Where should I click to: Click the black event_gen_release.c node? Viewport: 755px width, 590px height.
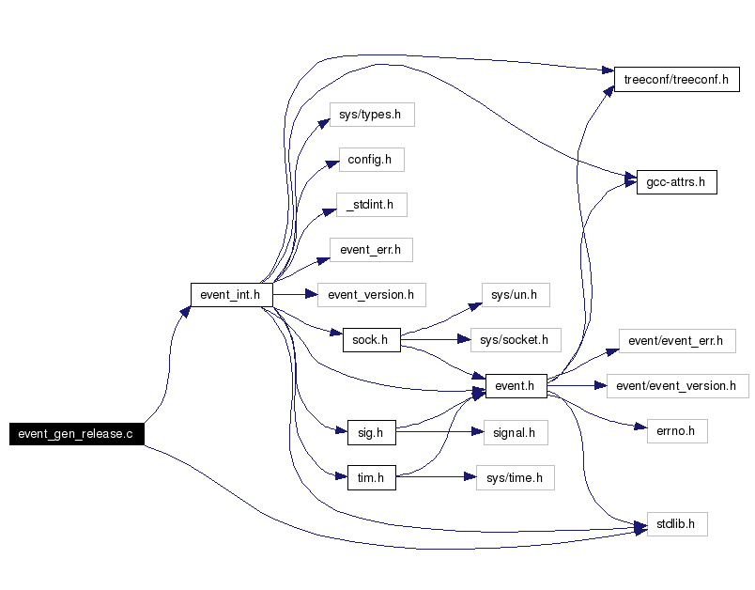coord(77,434)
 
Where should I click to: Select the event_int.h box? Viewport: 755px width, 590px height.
coord(232,295)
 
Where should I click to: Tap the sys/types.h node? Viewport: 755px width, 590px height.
coord(372,115)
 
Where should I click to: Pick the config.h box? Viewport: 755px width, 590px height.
coord(372,160)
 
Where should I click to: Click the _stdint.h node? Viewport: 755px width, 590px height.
coord(372,205)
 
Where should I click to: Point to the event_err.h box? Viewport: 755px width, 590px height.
coord(371,250)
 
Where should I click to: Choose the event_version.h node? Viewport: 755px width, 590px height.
coord(372,295)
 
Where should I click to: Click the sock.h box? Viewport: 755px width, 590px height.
coord(372,340)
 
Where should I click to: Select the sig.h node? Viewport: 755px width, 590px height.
coord(372,432)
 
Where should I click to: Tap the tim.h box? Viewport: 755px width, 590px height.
coord(372,478)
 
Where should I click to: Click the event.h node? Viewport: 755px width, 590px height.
coord(516,386)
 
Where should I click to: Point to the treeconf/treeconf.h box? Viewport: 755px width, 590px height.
coord(677,80)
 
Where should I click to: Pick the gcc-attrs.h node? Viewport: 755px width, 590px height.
coord(677,182)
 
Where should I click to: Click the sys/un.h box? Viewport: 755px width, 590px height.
coord(516,295)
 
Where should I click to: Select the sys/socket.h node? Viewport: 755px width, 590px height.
coord(516,340)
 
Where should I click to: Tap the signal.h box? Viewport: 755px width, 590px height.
coord(516,432)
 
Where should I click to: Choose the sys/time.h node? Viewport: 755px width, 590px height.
coord(516,478)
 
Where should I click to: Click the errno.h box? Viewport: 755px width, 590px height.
coord(677,431)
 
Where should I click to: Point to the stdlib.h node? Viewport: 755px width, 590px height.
coord(677,524)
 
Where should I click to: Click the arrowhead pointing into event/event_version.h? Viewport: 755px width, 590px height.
coord(600,386)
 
